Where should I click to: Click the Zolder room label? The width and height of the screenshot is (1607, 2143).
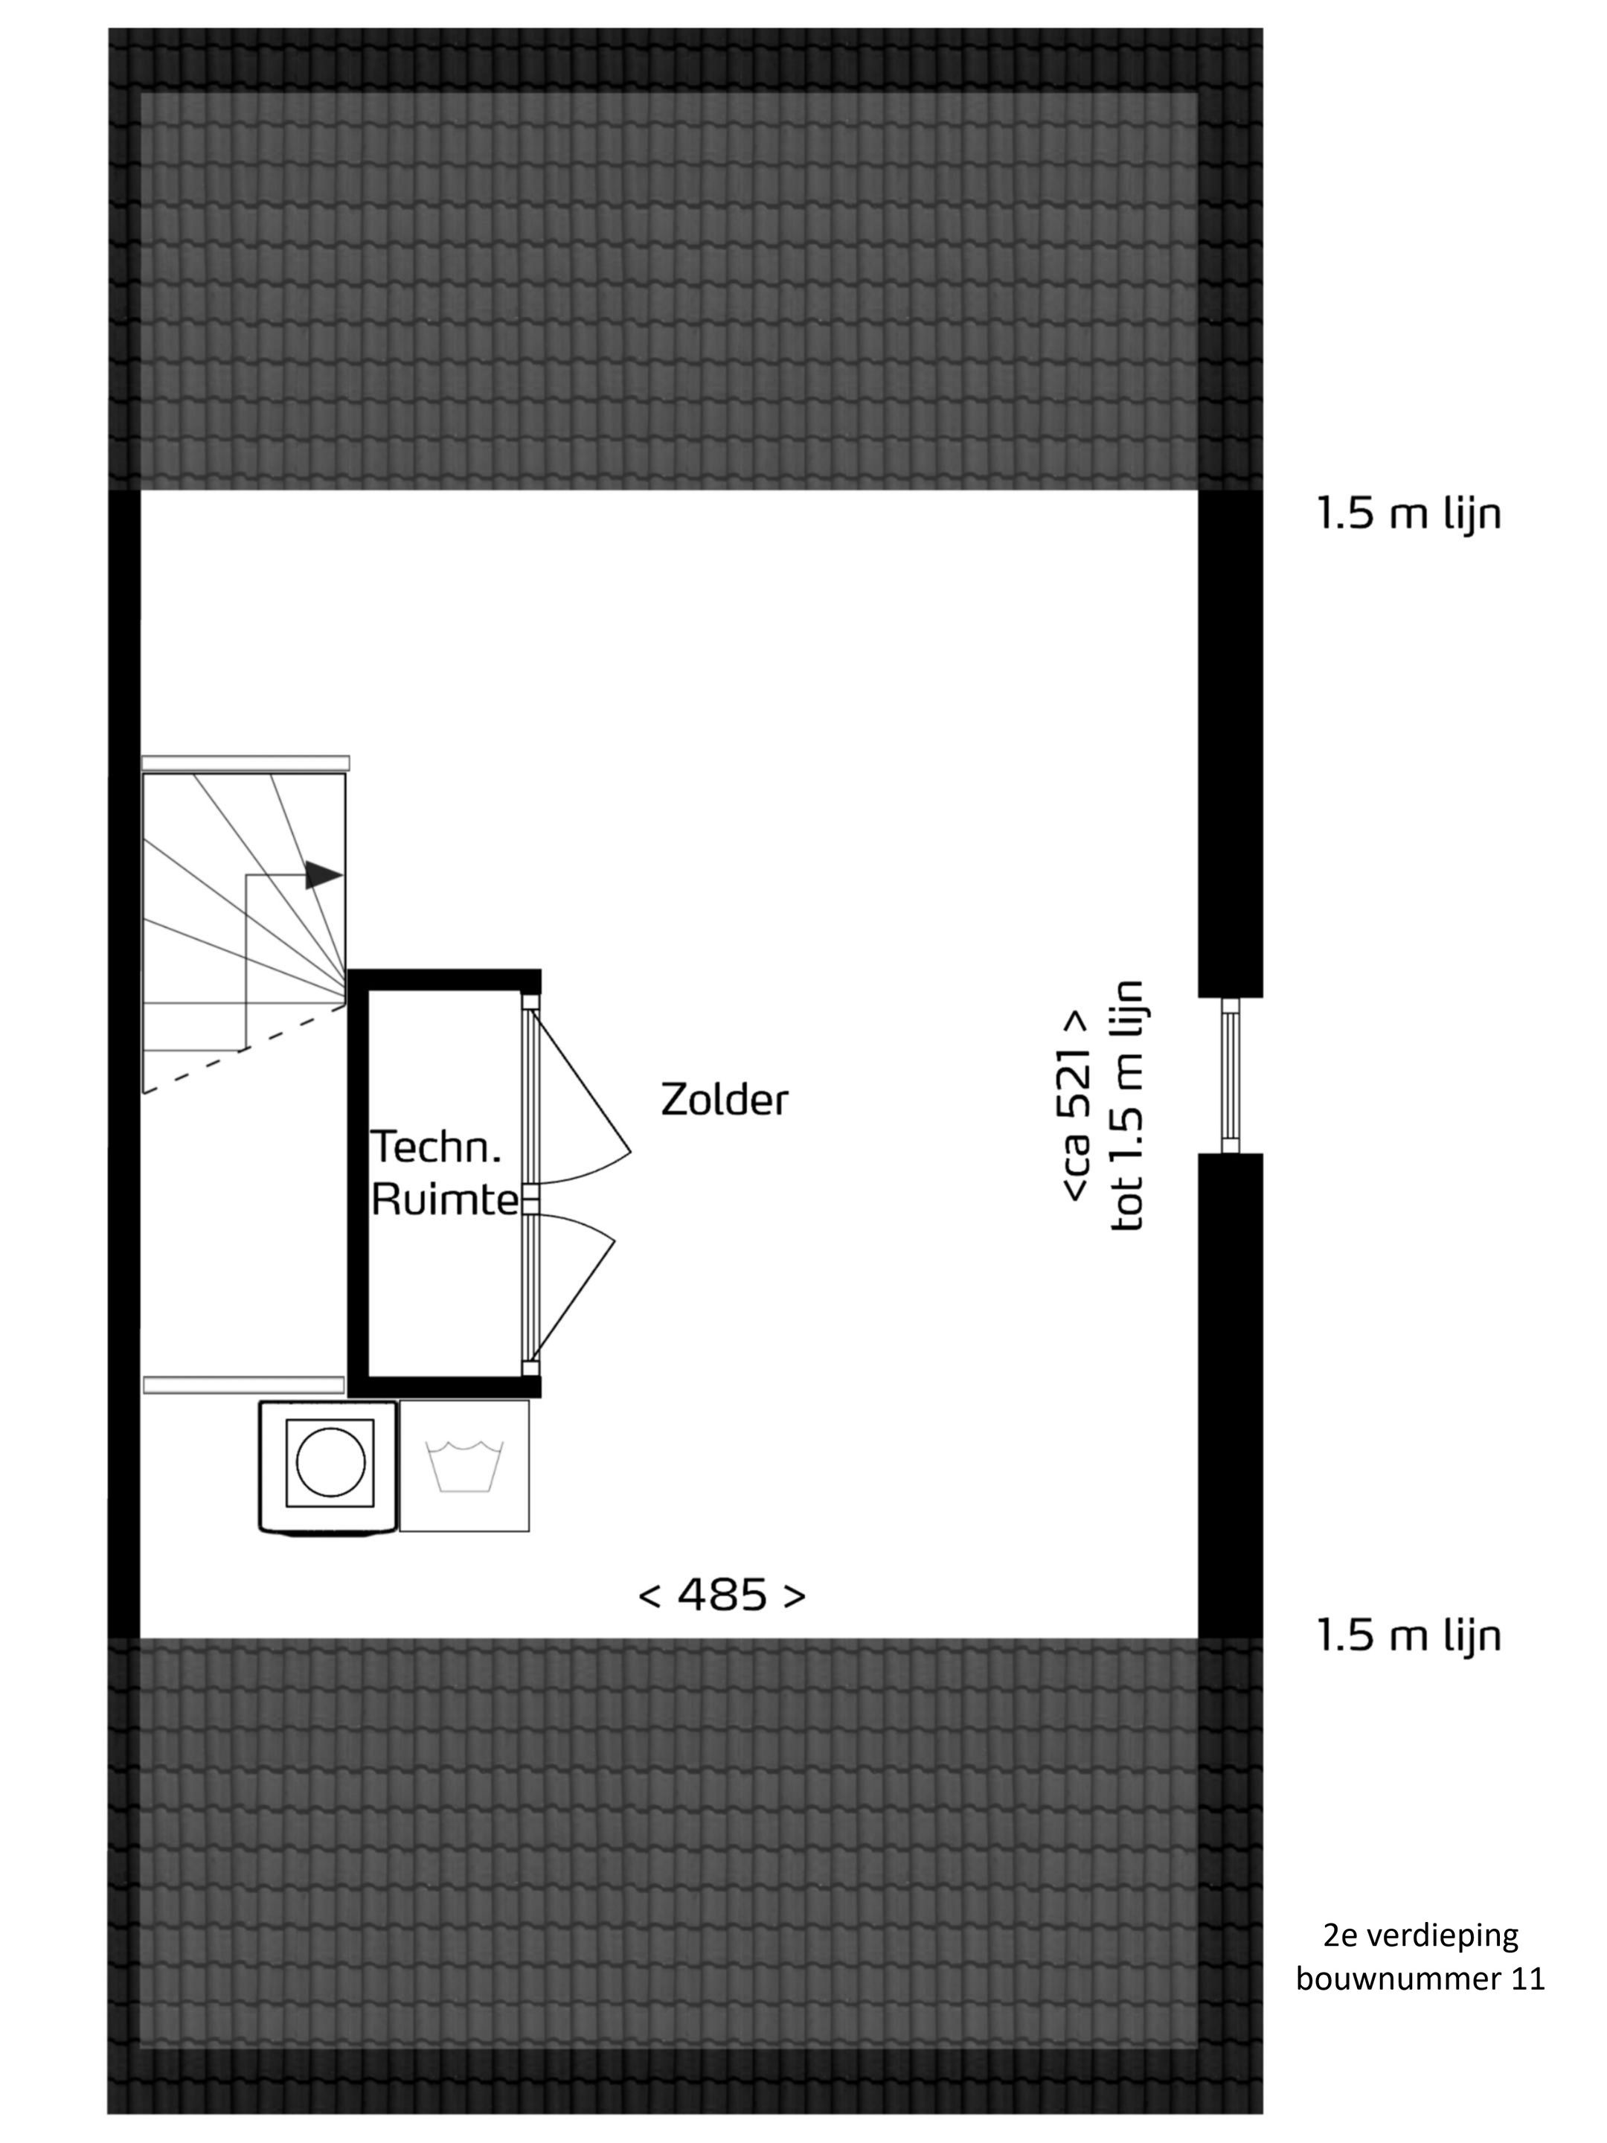724,1100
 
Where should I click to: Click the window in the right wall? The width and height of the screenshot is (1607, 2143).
1231,1075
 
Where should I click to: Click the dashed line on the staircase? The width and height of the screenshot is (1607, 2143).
244,1048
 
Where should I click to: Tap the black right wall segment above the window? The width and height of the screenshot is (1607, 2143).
1231,743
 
